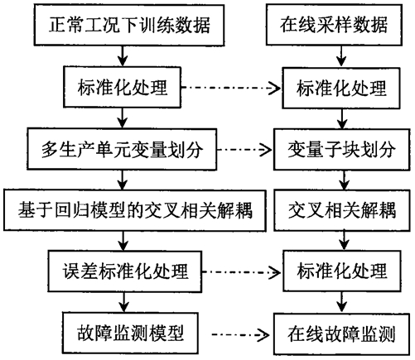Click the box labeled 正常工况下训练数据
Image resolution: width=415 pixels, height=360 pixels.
coord(129,25)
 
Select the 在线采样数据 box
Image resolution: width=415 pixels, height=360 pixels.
coord(334,25)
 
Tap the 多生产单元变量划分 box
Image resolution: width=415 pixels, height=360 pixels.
coord(122,149)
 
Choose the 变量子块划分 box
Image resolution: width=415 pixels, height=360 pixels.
coord(342,150)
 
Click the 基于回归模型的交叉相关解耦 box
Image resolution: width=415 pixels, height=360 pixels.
coord(135,210)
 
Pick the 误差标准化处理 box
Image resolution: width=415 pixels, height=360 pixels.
coord(125,271)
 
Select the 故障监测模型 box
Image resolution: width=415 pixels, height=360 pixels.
coord(130,333)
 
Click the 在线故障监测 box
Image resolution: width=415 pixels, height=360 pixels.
coord(342,334)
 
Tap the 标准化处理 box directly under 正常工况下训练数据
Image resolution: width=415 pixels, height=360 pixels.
coord(123,87)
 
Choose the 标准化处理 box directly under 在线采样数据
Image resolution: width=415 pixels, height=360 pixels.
coord(341,88)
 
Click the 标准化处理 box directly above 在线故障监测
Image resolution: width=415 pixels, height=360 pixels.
coord(342,271)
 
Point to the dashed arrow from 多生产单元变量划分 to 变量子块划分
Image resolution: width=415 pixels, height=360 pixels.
coord(245,150)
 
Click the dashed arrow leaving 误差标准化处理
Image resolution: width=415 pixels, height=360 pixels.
coord(242,272)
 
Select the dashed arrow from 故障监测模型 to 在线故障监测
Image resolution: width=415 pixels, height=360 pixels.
coord(241,335)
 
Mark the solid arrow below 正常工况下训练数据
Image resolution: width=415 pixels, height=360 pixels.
coord(123,56)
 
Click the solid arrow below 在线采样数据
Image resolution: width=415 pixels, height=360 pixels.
coord(341,56)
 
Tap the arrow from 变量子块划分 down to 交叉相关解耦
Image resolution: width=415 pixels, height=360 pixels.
coord(344,180)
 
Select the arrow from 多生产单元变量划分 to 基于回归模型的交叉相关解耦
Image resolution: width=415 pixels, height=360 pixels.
coord(123,180)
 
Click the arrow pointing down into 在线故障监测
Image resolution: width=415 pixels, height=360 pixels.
coord(342,302)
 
